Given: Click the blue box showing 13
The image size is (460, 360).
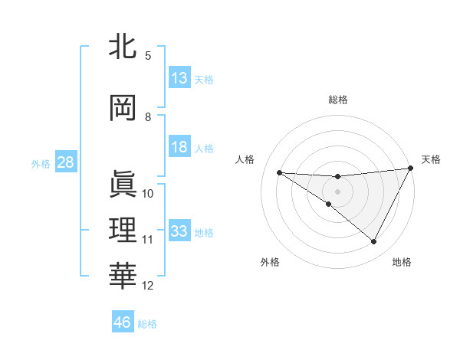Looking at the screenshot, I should tap(179, 78).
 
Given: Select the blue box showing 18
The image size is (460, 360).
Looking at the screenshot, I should tap(179, 148).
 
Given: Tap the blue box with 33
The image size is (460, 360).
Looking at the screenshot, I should tap(179, 231).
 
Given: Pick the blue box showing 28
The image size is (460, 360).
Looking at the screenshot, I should tap(65, 163).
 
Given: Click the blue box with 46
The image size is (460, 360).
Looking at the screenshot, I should tap(123, 322).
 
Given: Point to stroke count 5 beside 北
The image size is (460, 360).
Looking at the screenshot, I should tap(148, 55).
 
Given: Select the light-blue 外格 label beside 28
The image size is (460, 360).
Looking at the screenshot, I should tap(41, 164).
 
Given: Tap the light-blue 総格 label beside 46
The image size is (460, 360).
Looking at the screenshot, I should tap(147, 324).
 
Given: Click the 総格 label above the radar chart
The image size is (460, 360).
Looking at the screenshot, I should tap(337, 100).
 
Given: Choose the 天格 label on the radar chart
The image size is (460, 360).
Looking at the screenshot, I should tap(431, 159).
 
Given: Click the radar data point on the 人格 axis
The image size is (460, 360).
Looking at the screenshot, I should tap(279, 172).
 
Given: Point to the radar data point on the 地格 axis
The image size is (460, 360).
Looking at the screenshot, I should tap(374, 242).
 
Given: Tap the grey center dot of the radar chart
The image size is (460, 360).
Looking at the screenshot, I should tap(337, 191).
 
